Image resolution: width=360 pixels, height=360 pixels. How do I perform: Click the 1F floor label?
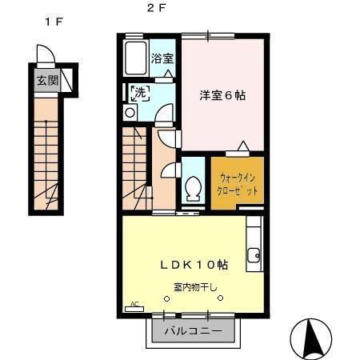pos(54,22)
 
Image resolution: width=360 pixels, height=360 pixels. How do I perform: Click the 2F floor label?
pos(151,10)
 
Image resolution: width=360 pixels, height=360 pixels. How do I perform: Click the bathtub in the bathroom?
pos(139,57)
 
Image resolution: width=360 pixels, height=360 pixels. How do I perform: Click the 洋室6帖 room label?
pos(222,95)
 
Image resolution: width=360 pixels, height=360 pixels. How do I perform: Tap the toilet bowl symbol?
pos(193,189)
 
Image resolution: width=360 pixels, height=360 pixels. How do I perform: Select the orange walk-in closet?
pos(237,183)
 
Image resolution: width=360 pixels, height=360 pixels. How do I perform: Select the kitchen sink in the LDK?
pos(254,256)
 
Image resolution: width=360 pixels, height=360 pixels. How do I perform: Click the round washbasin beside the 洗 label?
pos(130,112)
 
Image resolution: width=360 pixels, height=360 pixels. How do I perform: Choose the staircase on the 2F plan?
pos(136,168)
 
